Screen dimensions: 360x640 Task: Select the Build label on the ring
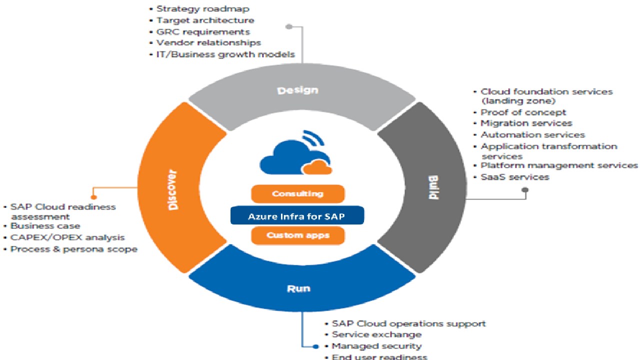point(433,188)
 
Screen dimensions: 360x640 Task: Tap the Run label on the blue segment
point(298,288)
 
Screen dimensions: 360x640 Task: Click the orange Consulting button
point(297,194)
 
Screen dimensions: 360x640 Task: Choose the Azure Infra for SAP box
point(297,216)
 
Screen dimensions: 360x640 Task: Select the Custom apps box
point(297,235)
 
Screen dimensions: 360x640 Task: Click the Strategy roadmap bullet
point(202,8)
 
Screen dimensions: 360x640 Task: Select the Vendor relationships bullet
point(208,43)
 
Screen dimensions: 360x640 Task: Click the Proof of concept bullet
point(523,112)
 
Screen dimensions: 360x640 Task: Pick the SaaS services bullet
point(514,177)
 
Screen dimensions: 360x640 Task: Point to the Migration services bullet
point(526,123)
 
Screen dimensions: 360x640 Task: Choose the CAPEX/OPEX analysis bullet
point(67,237)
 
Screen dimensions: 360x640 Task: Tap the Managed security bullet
point(376,346)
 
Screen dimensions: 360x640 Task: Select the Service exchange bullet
point(376,334)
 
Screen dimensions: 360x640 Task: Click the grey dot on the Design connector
point(289,26)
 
